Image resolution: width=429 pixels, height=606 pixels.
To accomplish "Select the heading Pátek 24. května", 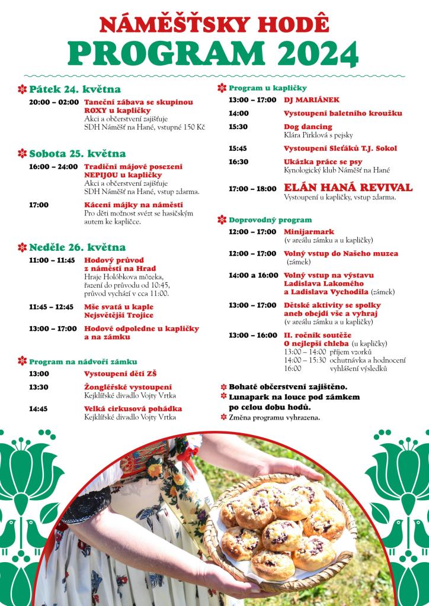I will click(75, 89).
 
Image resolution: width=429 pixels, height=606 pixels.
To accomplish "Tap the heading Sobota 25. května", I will click(78, 153).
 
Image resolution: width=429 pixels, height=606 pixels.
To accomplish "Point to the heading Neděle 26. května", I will click(78, 247).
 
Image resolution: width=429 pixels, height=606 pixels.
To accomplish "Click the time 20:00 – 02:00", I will click(53, 102).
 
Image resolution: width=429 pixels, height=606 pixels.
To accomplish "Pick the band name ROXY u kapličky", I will click(117, 110).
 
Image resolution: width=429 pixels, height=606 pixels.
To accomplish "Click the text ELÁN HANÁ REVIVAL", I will click(348, 188).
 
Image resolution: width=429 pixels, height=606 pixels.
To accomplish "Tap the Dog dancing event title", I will click(308, 127).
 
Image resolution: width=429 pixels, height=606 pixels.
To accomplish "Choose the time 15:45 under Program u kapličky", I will click(239, 148).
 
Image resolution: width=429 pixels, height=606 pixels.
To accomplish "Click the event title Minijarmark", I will click(309, 231).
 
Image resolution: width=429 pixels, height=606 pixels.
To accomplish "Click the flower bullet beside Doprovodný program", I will click(222, 220).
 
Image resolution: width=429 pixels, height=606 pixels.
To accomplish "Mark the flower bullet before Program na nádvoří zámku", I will click(23, 361).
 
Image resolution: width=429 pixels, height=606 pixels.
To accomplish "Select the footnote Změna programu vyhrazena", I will click(274, 418).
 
